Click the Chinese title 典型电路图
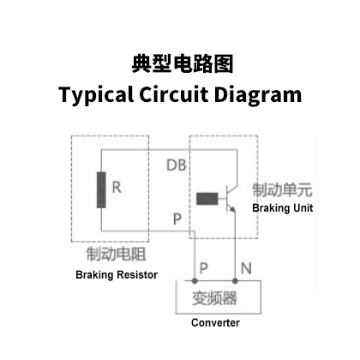click(183, 63)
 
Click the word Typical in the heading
click(96, 95)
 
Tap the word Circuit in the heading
click(173, 93)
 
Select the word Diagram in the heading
click(258, 95)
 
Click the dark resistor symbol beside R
click(101, 190)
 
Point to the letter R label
click(117, 188)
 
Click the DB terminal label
click(177, 165)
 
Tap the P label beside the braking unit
click(177, 219)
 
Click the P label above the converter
click(203, 268)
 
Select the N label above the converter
click(246, 268)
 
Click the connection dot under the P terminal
click(195, 281)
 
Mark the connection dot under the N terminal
click(235, 281)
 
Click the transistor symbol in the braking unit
click(231, 199)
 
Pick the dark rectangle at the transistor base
click(207, 199)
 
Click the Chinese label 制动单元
click(282, 190)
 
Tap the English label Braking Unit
click(283, 207)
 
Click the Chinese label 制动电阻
click(117, 254)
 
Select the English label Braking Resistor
click(117, 274)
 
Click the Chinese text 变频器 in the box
click(214, 297)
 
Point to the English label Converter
click(215, 322)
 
